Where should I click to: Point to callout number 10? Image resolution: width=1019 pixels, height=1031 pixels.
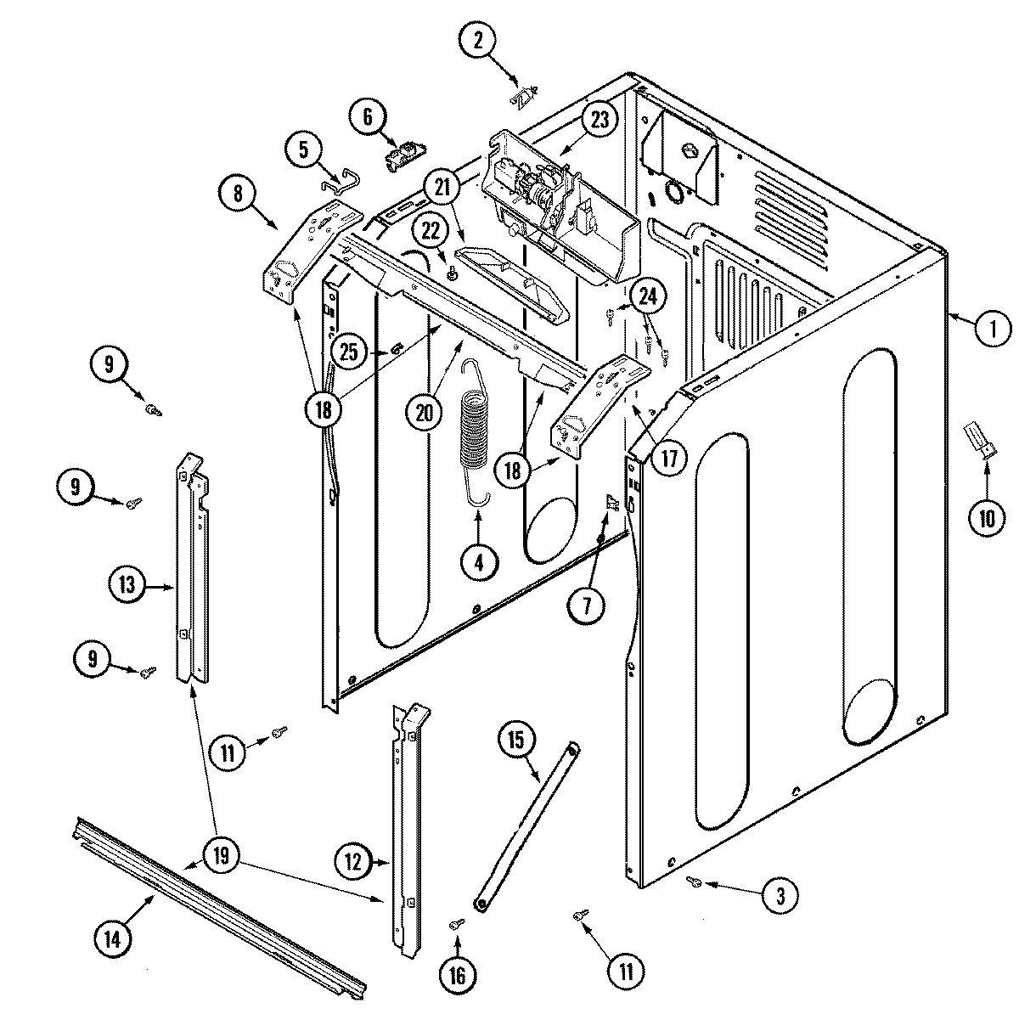coord(987,519)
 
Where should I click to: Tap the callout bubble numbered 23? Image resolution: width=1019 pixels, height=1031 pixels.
coord(600,120)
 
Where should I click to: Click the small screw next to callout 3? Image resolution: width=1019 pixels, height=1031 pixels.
coord(694,883)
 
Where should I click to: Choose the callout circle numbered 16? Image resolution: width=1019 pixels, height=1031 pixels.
coord(458,976)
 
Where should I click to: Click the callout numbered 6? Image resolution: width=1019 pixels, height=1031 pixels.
coord(368,119)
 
